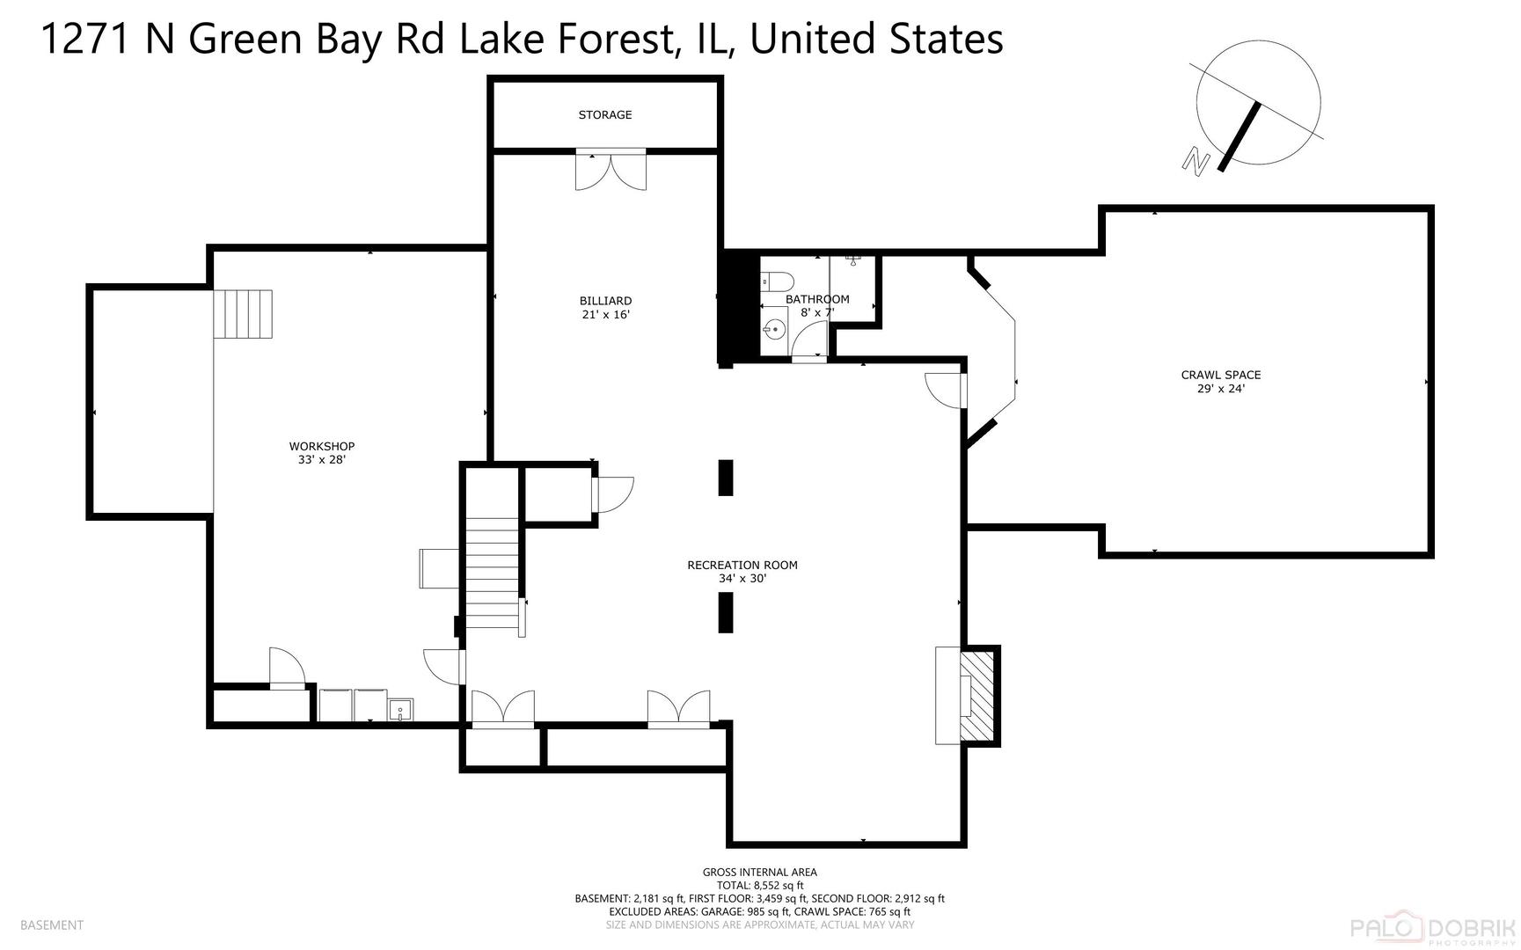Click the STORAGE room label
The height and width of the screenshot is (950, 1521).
[605, 115]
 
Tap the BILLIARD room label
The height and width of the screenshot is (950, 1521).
[605, 301]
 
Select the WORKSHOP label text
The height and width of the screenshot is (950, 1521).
[322, 446]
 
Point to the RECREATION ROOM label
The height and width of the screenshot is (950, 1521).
[742, 565]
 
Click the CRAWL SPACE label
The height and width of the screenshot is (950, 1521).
[1221, 375]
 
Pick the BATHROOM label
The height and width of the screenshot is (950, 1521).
[817, 299]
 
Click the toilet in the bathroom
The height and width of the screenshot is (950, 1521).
[778, 281]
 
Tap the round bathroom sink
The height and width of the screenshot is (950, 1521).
[774, 330]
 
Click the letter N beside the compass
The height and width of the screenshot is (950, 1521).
[1195, 160]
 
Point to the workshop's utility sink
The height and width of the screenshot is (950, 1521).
[400, 709]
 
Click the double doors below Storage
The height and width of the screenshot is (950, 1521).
[611, 169]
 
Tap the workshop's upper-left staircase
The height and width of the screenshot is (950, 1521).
[244, 314]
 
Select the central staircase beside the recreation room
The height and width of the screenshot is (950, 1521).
[492, 573]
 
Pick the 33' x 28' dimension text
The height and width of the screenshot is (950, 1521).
[322, 459]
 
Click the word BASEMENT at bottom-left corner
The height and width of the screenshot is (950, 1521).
[52, 924]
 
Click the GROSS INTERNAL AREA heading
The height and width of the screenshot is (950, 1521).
[760, 873]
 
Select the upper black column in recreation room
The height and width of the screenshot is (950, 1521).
[726, 478]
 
